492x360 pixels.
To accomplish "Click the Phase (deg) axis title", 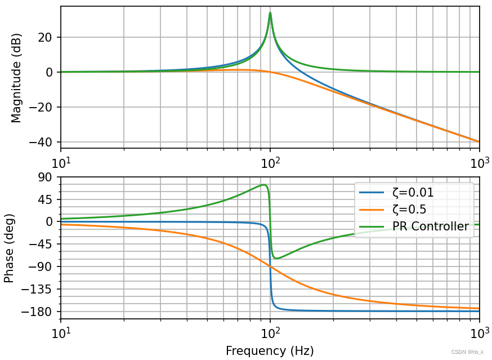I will click(9, 248).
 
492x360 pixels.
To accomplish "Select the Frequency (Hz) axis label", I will click(270, 351).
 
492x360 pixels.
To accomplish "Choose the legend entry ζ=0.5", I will click(409, 210).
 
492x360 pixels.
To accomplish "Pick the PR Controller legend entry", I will click(430, 226).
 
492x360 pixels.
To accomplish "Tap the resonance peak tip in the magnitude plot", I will click(270, 13).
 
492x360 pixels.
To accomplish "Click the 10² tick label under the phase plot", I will click(271, 334).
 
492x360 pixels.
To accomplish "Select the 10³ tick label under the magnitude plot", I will click(480, 162).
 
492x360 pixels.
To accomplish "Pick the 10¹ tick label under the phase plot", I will click(61, 334).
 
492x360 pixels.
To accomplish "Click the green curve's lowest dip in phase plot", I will click(276, 258).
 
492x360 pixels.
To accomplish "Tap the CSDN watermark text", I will click(467, 352).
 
